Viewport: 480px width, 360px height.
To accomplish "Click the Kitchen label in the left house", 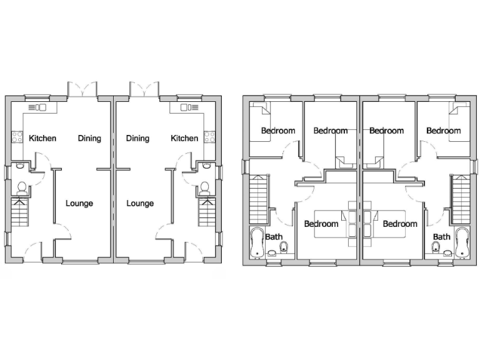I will tap(42, 138).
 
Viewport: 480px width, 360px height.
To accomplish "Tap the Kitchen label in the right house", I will tap(184, 138).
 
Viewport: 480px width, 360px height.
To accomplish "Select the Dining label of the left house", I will tap(89, 138).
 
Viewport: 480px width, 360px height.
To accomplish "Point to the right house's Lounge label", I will tap(139, 203).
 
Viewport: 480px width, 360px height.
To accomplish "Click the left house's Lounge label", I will tap(79, 203).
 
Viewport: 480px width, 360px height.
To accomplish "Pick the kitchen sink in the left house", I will tap(39, 107).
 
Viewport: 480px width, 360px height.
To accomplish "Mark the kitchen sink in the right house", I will tap(187, 107).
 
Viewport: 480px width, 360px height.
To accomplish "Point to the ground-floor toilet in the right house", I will tap(204, 186).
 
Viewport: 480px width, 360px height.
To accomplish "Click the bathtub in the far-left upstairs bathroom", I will tap(256, 242).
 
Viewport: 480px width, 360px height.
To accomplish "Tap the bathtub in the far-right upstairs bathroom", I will tap(462, 242).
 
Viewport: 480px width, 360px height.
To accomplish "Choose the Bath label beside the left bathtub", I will tap(273, 237).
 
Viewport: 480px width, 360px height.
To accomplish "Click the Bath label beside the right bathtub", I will tap(442, 237).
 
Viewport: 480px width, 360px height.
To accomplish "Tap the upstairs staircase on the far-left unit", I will tap(258, 199).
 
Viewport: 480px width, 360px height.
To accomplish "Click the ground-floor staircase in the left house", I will tap(20, 212).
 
